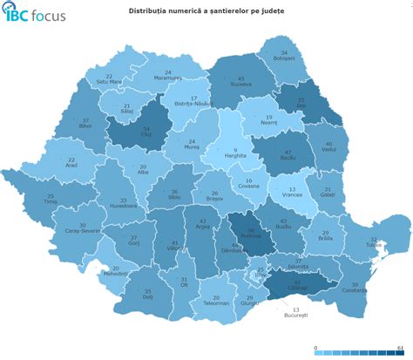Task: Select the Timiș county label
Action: [51, 200]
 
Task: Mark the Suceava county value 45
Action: [240, 78]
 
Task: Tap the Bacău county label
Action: [288, 158]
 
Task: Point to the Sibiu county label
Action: [174, 195]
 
